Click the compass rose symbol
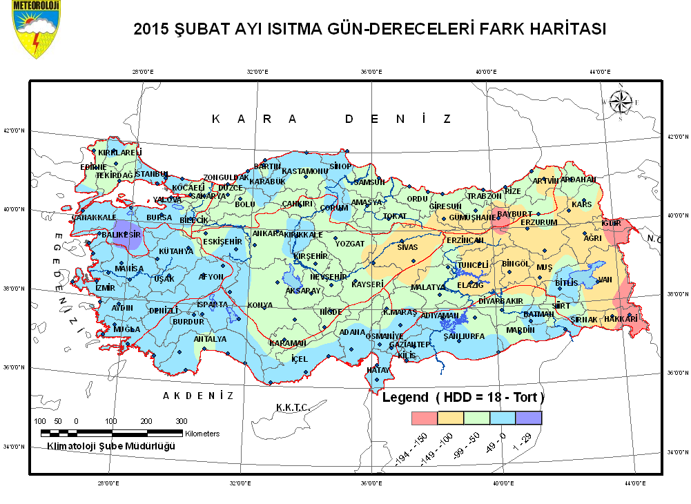tap(620, 102)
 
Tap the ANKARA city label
tap(266, 233)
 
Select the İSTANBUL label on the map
tap(151, 173)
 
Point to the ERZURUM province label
tap(538, 222)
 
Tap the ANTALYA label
tap(210, 339)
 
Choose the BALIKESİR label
tap(121, 235)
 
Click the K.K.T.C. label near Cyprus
tap(290, 407)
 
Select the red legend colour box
tap(425, 418)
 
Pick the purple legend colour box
tap(529, 418)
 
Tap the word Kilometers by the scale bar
tap(202, 434)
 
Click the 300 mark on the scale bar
tap(181, 421)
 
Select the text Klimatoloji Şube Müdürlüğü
tap(110, 446)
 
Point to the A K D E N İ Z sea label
tap(198, 396)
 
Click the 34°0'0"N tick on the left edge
tap(14, 447)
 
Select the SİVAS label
tap(407, 246)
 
